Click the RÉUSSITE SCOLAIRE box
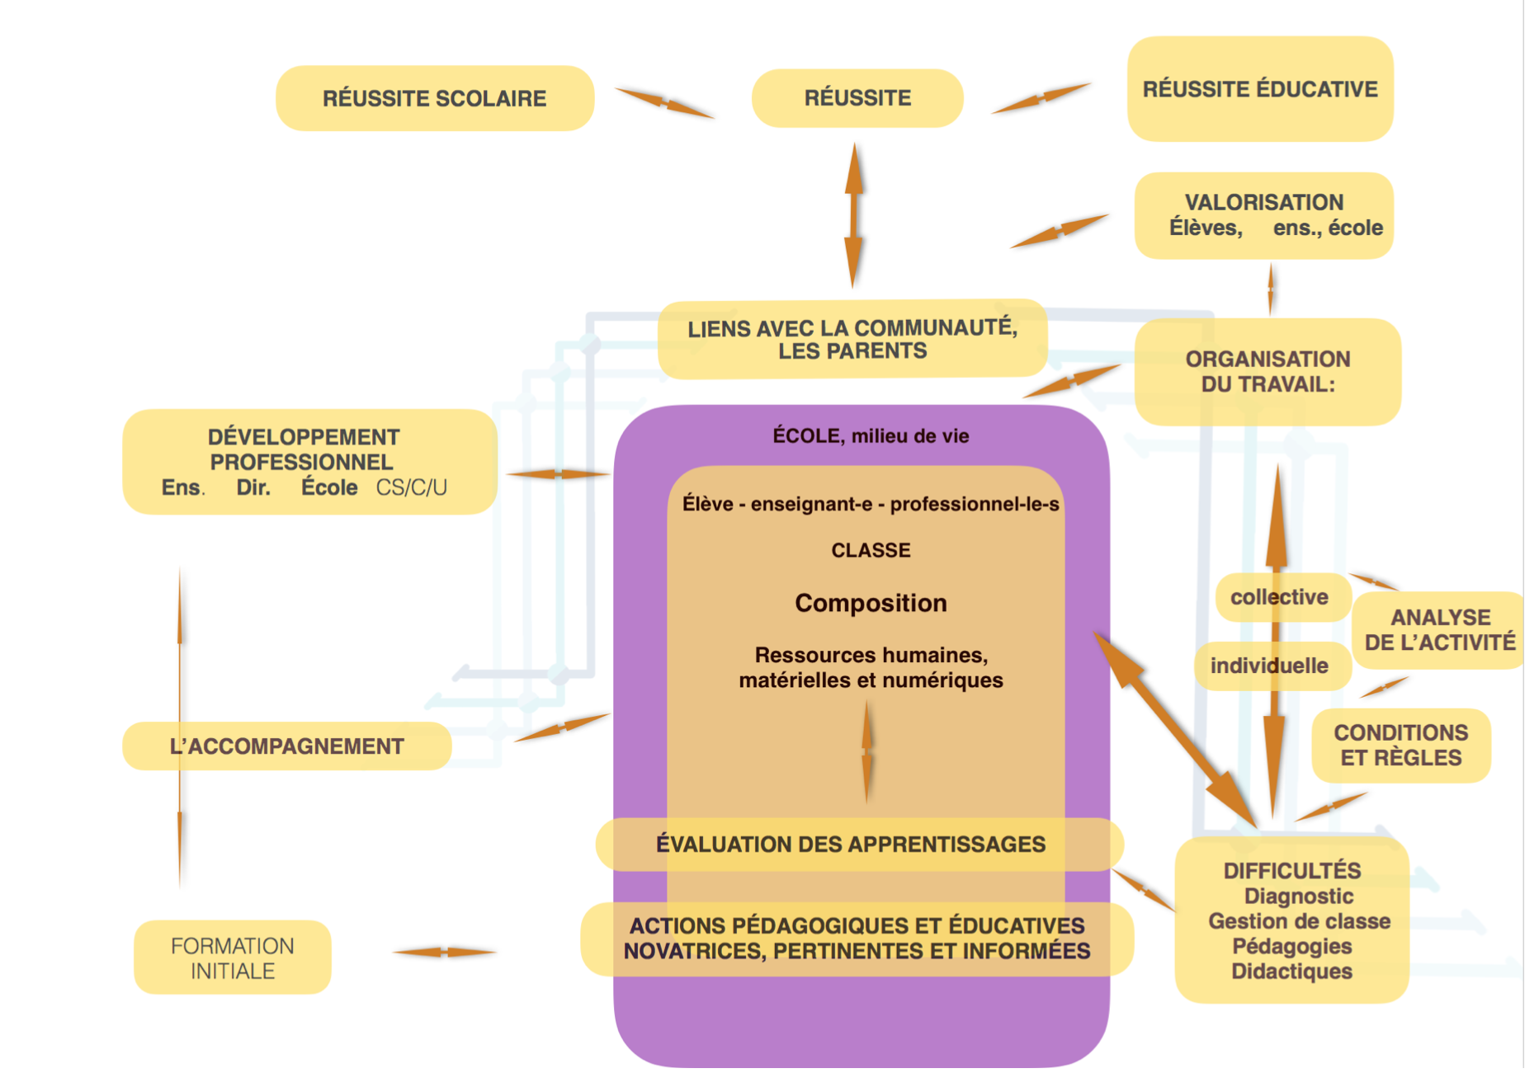tap(435, 98)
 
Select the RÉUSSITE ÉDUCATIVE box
tap(1260, 89)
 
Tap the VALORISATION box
tap(1264, 215)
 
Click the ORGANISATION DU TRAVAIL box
tap(1268, 372)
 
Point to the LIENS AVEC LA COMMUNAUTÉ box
tap(852, 339)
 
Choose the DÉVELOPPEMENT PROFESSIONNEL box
tap(309, 462)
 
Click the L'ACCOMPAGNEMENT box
tap(286, 746)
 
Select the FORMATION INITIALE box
tap(232, 958)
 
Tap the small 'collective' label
tap(1280, 597)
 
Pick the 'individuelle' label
tap(1270, 666)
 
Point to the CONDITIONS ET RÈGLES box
tap(1401, 746)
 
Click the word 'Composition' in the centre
tap(871, 603)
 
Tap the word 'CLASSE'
tap(871, 550)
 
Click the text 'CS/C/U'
tap(412, 487)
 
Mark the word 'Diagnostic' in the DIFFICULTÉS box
tap(1299, 897)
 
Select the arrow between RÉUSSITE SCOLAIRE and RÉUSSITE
tap(664, 102)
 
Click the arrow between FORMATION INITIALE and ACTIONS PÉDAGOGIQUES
tap(444, 952)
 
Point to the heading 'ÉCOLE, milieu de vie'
tap(871, 435)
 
